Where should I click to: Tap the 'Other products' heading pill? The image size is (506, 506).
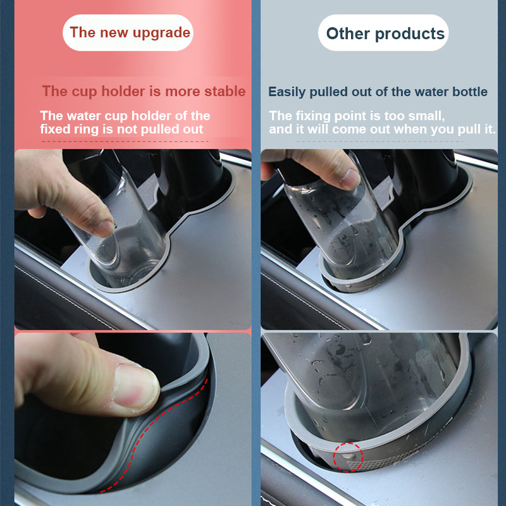point(385,33)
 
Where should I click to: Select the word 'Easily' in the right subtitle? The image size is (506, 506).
point(287,92)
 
